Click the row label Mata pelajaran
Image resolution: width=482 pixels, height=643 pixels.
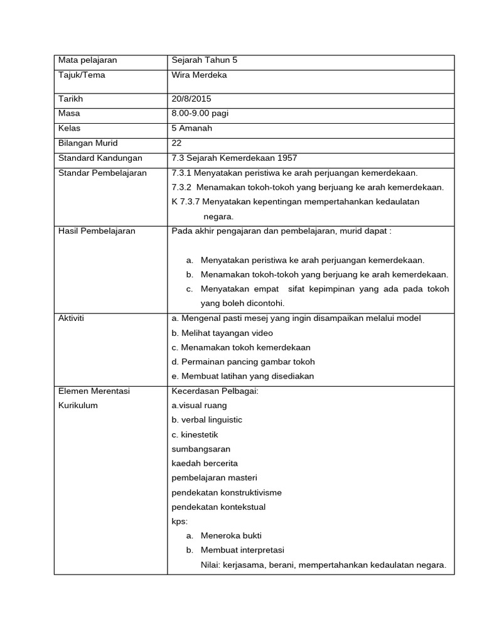[88, 61]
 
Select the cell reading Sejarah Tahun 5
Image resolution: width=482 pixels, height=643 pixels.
[205, 61]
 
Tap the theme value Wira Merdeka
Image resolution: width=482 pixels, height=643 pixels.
[199, 75]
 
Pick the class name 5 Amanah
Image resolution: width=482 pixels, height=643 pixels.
[193, 128]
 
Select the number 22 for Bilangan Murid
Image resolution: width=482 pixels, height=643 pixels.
[176, 143]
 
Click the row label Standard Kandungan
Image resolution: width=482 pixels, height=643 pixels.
[100, 158]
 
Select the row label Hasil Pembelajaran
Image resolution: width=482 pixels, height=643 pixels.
[97, 231]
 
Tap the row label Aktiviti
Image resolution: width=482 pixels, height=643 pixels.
[71, 318]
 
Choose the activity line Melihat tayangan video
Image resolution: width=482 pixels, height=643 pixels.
[222, 333]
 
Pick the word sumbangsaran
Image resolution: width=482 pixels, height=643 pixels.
[201, 449]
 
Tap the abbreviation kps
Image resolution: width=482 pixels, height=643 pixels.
[179, 521]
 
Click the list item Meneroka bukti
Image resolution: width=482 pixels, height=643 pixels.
[231, 536]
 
